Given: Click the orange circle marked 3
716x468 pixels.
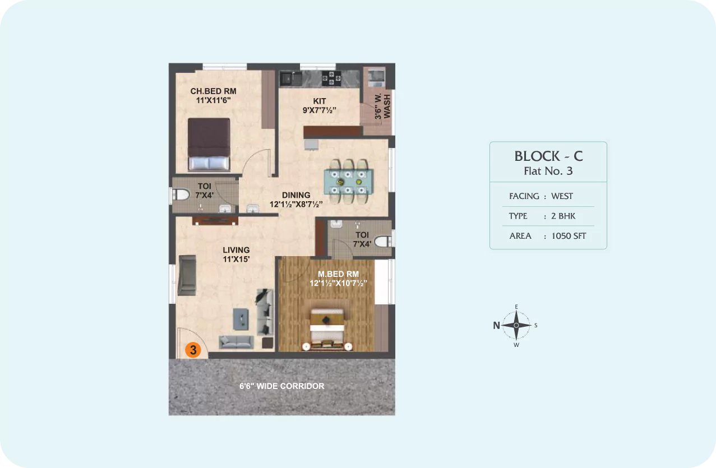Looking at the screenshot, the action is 193,350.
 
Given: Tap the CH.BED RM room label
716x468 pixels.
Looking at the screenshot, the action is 213,91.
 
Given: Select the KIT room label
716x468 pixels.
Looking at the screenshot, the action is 320,101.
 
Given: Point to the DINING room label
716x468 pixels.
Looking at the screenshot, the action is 296,195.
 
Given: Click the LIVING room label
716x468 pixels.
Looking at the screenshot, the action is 236,250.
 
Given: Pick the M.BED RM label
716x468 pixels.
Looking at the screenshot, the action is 338,274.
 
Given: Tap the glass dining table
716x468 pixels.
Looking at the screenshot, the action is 348,182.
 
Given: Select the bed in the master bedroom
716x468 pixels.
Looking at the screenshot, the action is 327,329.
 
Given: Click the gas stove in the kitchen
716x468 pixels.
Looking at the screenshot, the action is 331,78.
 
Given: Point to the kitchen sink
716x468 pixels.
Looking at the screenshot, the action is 291,78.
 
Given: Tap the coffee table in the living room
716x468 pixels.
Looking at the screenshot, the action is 241,319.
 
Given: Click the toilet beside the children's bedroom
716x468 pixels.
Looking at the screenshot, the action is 180,194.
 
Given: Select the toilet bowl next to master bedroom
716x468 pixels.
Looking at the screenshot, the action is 384,241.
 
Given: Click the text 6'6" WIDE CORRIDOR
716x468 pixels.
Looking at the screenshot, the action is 282,386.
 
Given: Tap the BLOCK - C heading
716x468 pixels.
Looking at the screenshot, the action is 548,156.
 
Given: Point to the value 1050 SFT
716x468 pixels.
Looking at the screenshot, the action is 569,236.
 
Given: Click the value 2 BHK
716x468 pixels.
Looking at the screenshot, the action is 563,216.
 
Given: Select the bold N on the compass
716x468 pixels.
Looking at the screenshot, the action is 496,325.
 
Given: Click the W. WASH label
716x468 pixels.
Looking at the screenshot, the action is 382,106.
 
